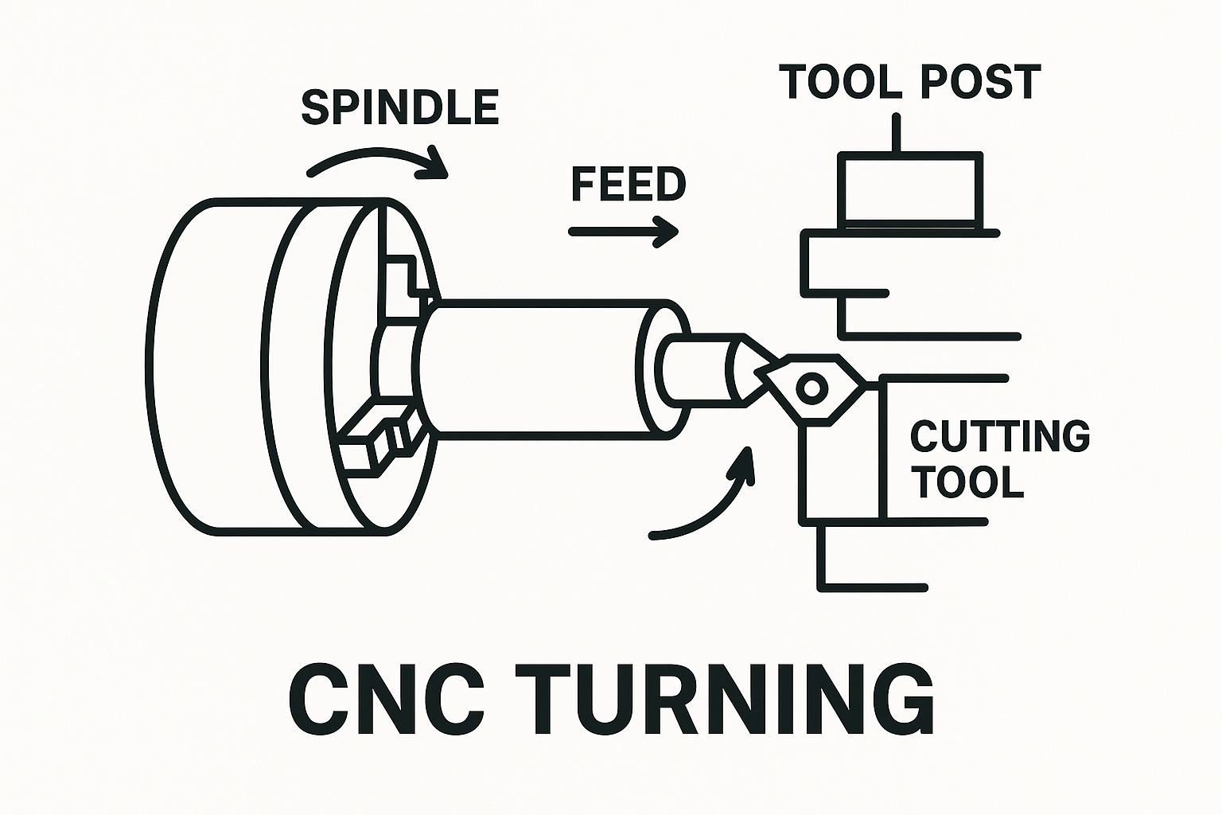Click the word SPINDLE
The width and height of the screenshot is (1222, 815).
tap(399, 108)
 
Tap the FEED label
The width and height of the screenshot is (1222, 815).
tap(629, 185)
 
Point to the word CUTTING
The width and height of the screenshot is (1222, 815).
tap(999, 436)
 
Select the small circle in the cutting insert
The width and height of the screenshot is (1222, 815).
tap(812, 388)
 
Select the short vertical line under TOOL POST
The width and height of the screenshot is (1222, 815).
tap(897, 133)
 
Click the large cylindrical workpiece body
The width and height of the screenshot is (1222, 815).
tap(541, 368)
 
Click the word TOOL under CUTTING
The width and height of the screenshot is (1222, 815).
tap(967, 482)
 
